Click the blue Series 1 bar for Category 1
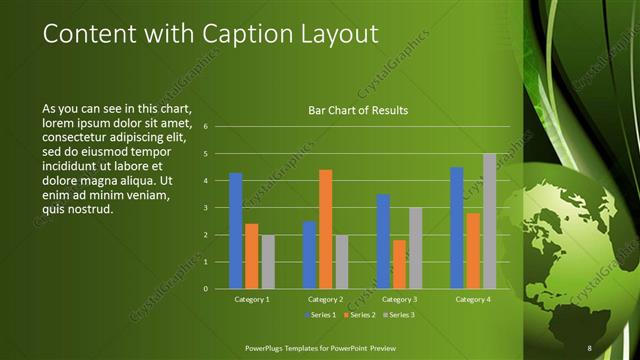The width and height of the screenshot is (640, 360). coord(236,230)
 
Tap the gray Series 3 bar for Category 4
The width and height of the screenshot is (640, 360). coord(489,221)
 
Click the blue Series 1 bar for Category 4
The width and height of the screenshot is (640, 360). coord(457,228)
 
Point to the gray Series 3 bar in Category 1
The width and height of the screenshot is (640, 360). coord(268,261)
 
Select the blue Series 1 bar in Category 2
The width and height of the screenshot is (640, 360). coord(310,254)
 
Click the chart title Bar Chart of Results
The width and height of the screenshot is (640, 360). coord(357,110)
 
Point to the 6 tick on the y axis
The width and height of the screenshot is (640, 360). coord(205,127)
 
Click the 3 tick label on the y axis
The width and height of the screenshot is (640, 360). coord(205,208)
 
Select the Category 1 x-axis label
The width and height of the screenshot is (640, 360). coord(252,299)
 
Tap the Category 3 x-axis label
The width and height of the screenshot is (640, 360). coord(400,299)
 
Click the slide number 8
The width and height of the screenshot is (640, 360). coord(590,347)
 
